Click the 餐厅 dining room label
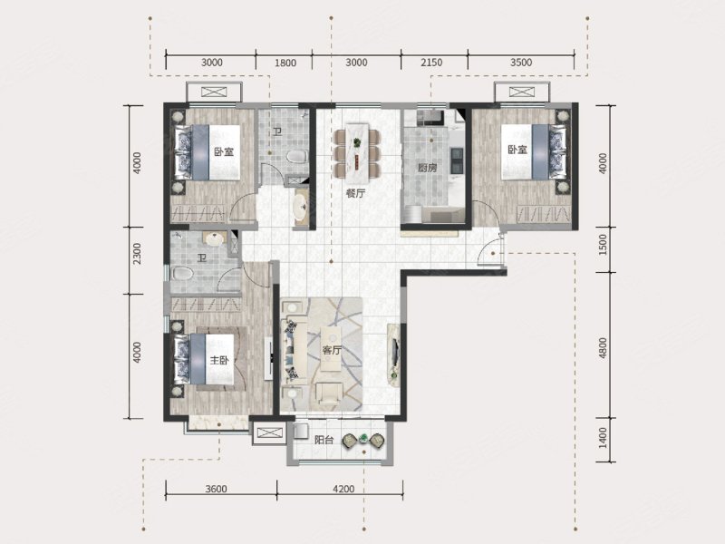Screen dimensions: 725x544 [355, 193]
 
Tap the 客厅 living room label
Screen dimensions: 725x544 [331, 350]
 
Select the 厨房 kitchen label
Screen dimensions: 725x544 [427, 168]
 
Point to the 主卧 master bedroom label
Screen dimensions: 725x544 [219, 360]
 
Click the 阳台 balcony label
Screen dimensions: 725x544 [324, 440]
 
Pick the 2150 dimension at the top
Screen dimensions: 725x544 [431, 63]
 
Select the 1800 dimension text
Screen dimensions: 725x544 [285, 63]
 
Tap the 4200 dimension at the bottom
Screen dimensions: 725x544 [343, 489]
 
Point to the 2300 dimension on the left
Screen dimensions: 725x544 [138, 254]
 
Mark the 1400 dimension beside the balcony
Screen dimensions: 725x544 [602, 438]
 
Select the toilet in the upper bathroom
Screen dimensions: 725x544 [297, 156]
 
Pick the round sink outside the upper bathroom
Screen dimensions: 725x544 [301, 206]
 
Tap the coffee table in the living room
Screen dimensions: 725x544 [331, 349]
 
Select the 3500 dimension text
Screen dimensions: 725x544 [521, 63]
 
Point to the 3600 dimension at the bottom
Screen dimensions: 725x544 [216, 489]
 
